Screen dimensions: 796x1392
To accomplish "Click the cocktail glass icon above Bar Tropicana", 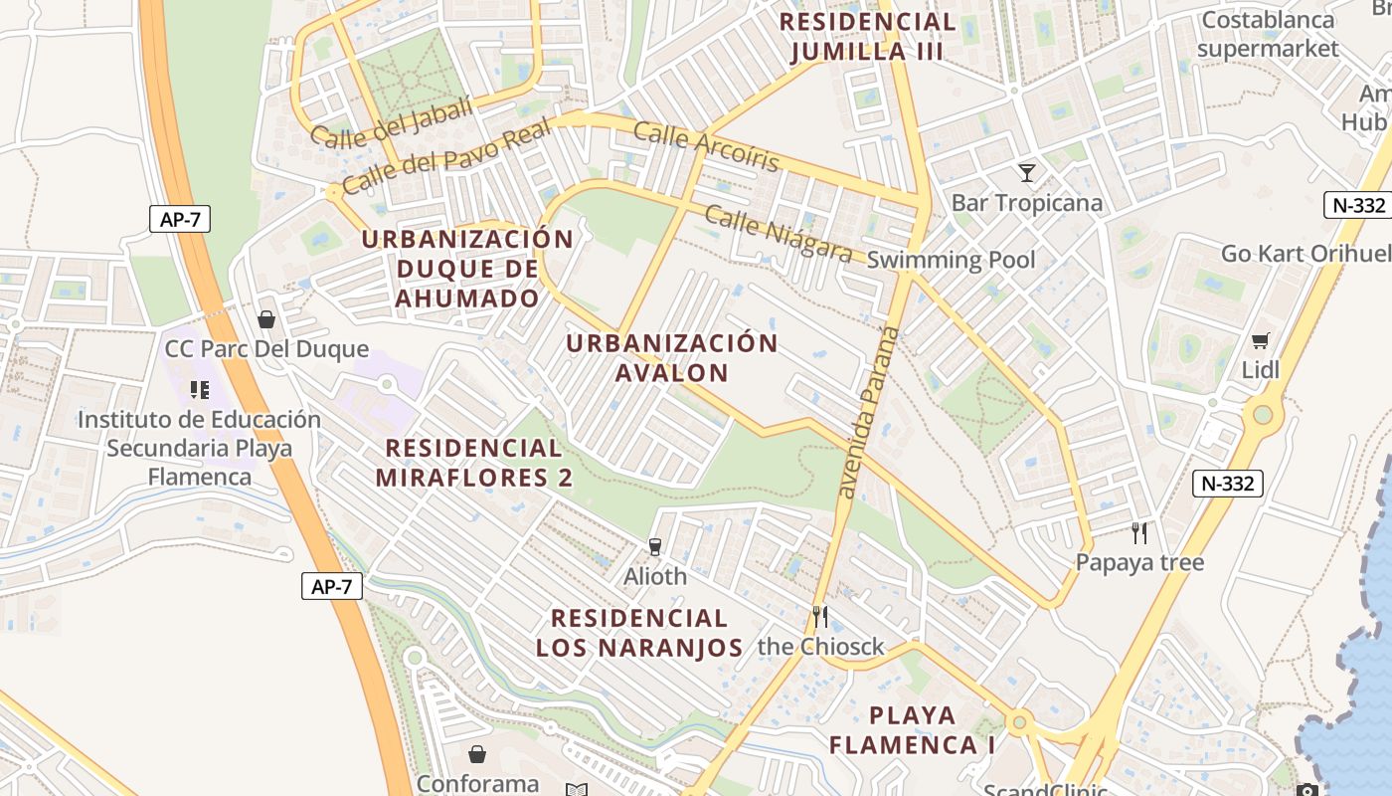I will (1027, 173).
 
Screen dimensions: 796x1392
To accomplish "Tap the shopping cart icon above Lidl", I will (1261, 341).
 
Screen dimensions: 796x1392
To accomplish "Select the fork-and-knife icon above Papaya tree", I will (1139, 533).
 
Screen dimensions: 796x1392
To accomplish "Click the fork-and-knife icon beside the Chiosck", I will (819, 617).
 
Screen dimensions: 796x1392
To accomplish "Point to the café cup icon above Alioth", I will (654, 546).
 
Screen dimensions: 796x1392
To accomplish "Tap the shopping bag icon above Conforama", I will (477, 754).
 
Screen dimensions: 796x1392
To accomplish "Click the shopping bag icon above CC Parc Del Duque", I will (265, 319).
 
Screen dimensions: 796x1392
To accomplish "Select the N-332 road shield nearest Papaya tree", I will (1227, 485).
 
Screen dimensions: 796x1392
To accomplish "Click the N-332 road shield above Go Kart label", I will (1356, 205).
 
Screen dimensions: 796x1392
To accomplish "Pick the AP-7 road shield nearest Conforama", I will (331, 586).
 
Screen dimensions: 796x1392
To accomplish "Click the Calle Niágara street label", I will (779, 233).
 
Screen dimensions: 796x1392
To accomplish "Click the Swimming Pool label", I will (951, 261).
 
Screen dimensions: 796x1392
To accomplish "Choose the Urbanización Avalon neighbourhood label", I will (672, 358).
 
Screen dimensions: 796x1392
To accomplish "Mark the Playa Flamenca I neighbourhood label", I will (912, 730).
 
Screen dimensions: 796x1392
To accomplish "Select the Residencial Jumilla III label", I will (867, 37).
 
